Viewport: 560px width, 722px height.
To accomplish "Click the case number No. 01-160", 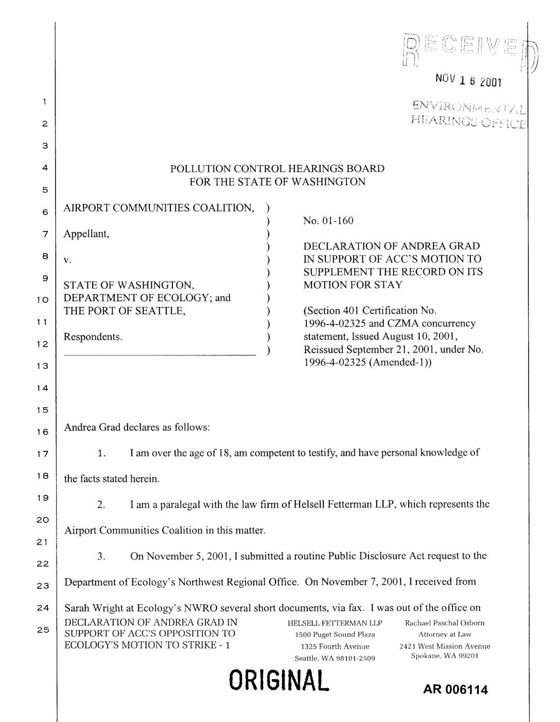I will pos(328,221).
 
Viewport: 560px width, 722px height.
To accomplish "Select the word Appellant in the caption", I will pos(86,234).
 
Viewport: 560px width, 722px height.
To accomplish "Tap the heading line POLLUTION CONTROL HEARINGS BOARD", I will pos(277,169).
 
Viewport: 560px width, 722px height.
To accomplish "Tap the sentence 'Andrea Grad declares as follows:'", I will pos(136,427).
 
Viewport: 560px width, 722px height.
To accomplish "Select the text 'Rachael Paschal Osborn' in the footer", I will pos(445,623).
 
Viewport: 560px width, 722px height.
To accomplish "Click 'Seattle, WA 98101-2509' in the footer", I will pos(335,658).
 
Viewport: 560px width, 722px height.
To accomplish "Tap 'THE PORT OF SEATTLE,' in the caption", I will pos(124,311).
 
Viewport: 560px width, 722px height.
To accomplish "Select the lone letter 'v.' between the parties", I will pos(67,260).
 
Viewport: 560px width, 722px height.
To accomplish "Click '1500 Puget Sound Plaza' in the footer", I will pos(335,635).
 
